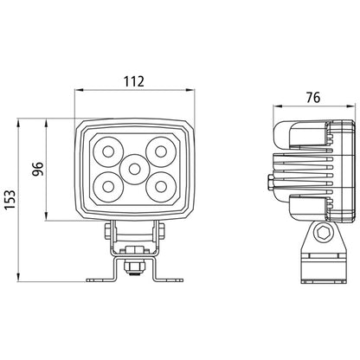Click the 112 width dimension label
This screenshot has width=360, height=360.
[x=134, y=81]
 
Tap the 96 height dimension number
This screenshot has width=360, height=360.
[x=37, y=169]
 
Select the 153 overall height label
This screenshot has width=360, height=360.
[x=10, y=200]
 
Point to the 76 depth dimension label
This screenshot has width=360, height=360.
[x=313, y=98]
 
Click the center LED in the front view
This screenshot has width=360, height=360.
[x=133, y=169]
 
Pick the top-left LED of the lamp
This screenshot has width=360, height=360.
[x=108, y=151]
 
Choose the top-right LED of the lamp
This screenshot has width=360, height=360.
[x=161, y=151]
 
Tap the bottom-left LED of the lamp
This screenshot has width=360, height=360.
[x=108, y=187]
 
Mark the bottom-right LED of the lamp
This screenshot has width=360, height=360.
[x=161, y=187]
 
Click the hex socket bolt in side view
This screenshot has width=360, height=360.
[x=321, y=232]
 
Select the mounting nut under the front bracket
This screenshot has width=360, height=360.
[x=133, y=267]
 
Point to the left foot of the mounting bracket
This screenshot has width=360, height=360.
[x=99, y=280]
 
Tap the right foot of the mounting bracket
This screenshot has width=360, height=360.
[x=170, y=280]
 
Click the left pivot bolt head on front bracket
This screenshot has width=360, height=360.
[x=107, y=231]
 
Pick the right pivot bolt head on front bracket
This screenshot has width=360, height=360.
[x=161, y=231]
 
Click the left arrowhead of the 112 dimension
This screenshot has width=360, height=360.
[x=79, y=90]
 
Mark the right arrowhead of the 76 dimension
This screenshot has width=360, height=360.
[x=350, y=106]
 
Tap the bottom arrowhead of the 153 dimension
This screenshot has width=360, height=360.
[x=18, y=277]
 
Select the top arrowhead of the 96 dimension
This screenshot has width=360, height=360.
[x=46, y=123]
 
